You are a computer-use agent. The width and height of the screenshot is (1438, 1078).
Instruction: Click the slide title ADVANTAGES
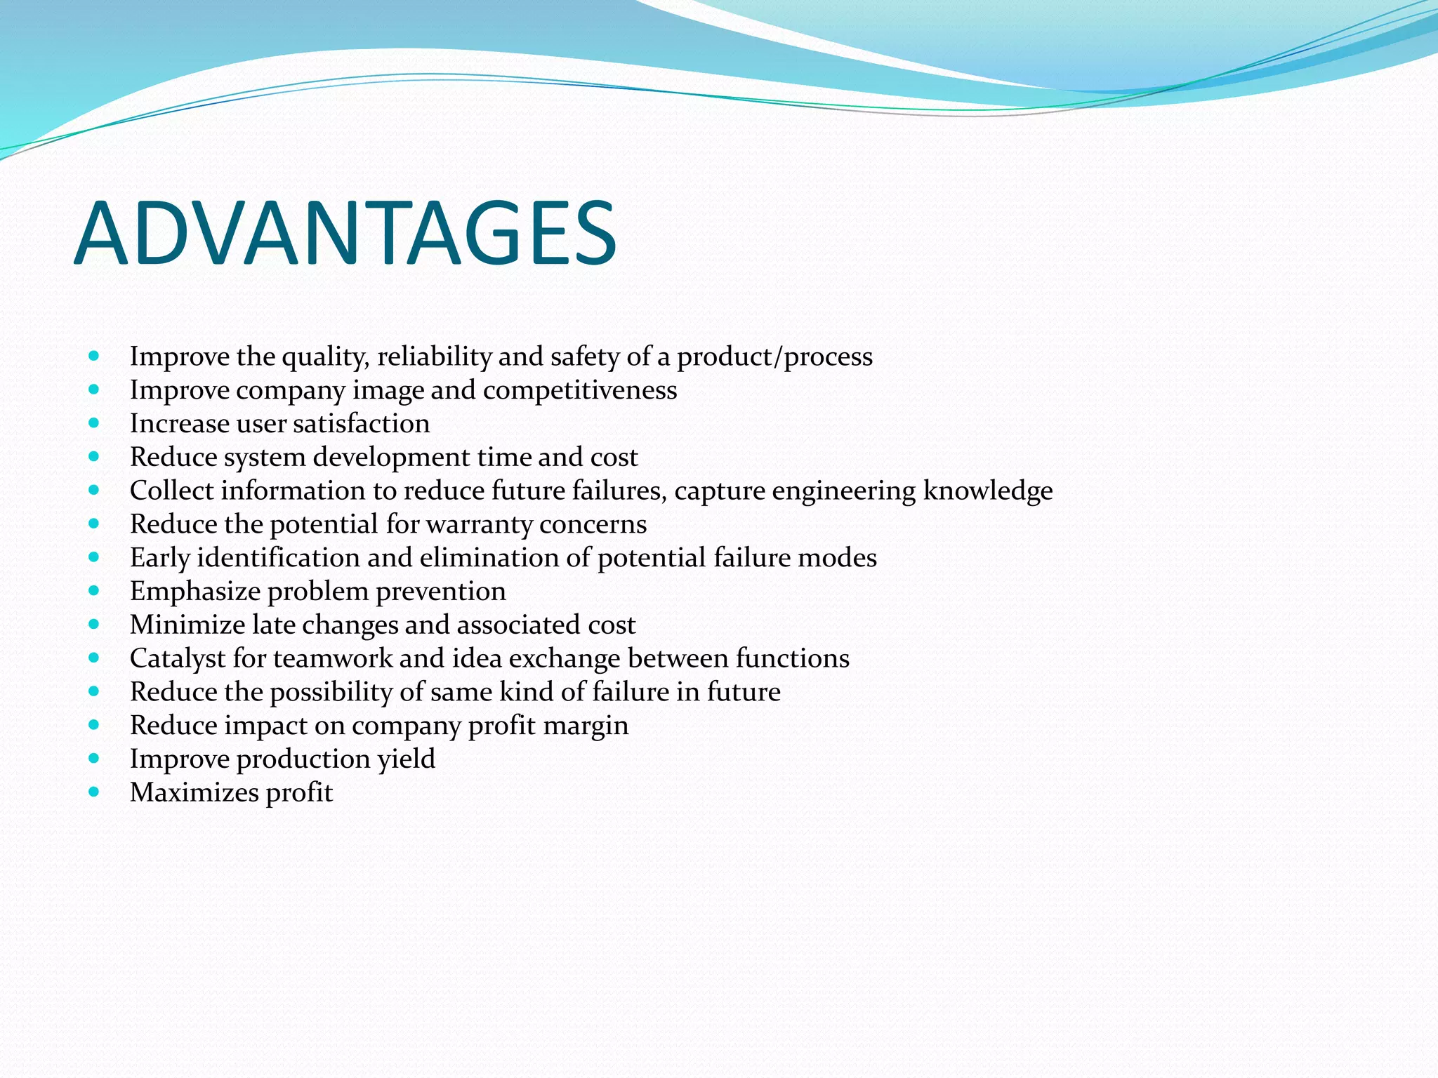tap(345, 234)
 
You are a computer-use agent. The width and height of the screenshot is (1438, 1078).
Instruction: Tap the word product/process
tap(774, 357)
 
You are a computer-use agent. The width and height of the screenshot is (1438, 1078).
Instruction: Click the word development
tap(392, 458)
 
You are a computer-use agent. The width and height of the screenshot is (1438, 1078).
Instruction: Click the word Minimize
tap(187, 625)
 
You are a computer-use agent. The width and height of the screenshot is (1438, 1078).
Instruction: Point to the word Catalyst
tap(178, 658)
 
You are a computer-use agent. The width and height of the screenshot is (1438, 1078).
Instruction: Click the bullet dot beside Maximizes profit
tap(94, 792)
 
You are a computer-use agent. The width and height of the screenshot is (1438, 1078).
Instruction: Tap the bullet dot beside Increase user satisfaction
tap(94, 423)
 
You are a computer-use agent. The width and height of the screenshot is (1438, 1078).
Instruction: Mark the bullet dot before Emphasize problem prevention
tap(94, 591)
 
